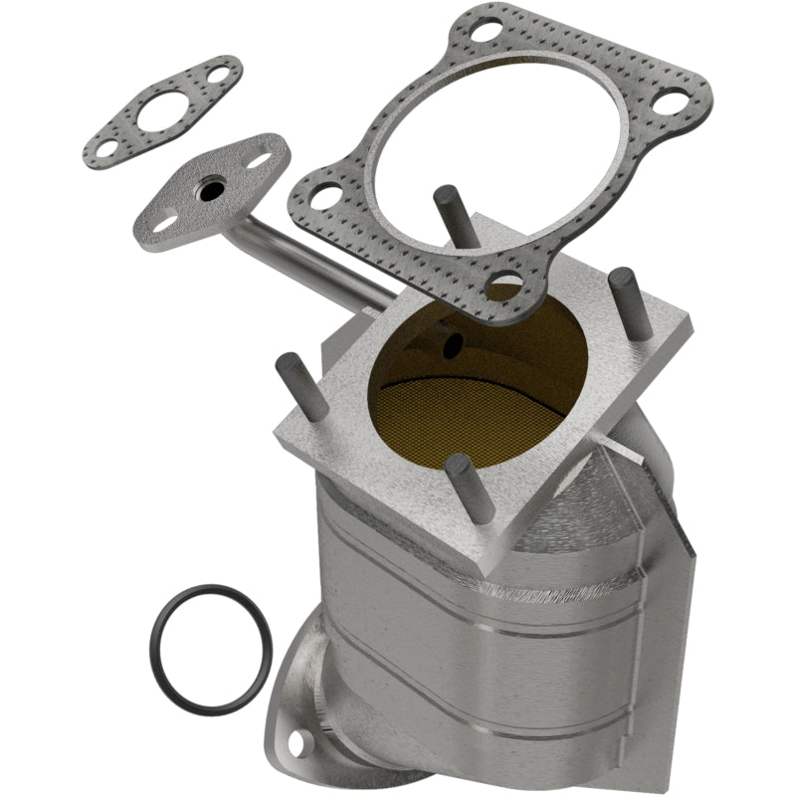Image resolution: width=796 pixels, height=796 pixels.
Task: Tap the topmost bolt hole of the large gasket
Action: coord(485,31)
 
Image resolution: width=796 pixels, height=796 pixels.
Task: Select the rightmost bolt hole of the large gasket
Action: coord(676,102)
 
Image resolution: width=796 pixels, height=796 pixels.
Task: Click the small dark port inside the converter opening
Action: coord(454,344)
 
